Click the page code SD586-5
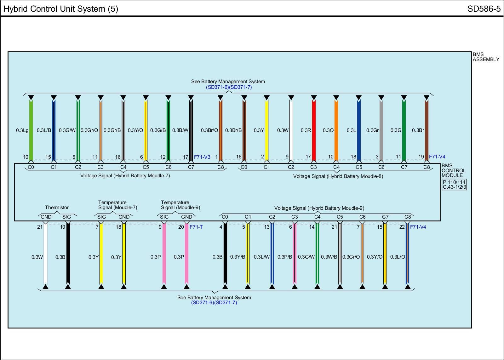point(484,9)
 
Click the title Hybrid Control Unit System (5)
point(61,9)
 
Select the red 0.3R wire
point(314,130)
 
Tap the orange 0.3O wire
point(336,130)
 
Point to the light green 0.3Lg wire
point(31,130)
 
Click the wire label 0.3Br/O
point(209,130)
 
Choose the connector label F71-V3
point(202,157)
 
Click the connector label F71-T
point(196,227)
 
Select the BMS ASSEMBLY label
point(486,57)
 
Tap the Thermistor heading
point(57,207)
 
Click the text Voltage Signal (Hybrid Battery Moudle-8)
point(338,176)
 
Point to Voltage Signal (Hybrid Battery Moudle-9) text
point(319,208)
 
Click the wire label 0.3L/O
point(398,257)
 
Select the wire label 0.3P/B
point(285,257)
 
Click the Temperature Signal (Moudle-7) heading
point(117,205)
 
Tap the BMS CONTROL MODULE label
point(453,170)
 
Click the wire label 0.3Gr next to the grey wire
point(372,130)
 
